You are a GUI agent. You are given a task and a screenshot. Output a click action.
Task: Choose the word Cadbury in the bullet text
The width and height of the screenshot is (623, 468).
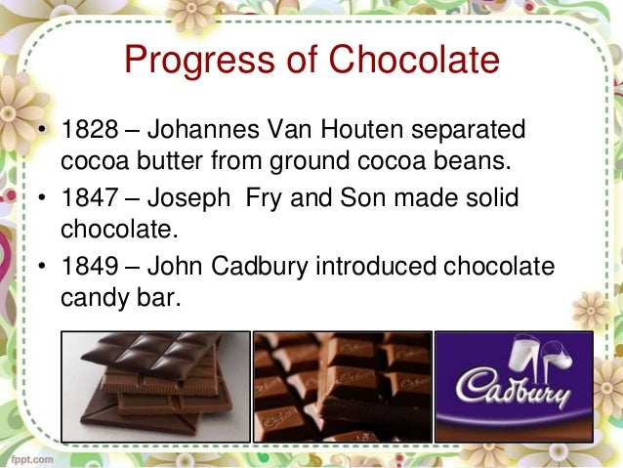click(270, 267)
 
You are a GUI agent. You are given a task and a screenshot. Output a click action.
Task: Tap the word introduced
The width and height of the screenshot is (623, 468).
click(390, 267)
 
